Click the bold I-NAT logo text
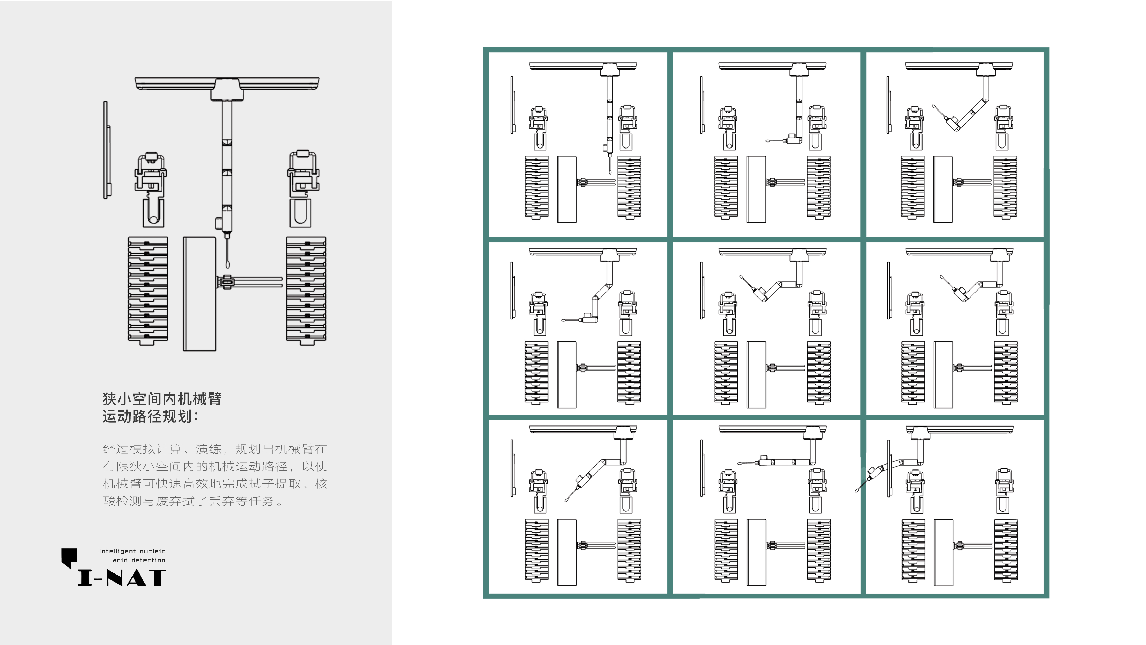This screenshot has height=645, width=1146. tap(121, 578)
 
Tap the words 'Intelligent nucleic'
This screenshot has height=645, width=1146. tap(132, 551)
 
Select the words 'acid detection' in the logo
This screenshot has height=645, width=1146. tap(139, 560)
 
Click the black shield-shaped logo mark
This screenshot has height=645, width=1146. tap(69, 557)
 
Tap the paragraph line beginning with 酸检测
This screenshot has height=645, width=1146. tap(193, 501)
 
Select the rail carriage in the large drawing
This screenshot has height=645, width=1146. tap(227, 89)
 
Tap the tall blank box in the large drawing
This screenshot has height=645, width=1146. tap(199, 294)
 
